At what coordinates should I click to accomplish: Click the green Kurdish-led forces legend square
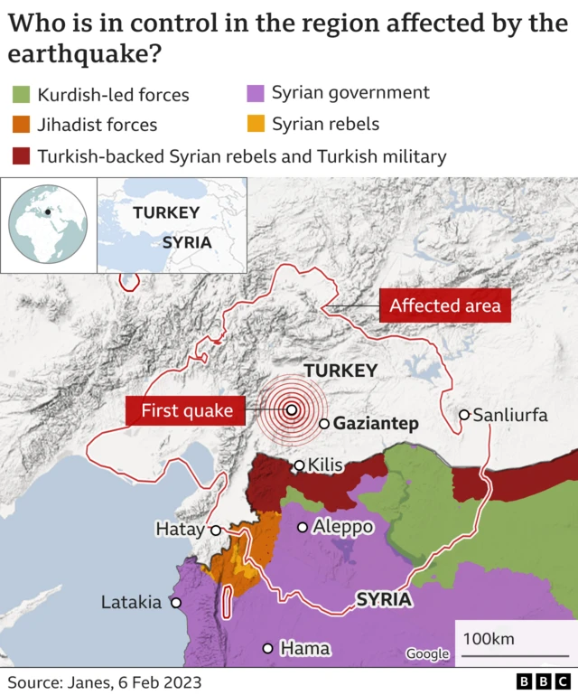pyautogui.click(x=22, y=95)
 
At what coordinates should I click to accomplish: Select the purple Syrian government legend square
pyautogui.click(x=256, y=93)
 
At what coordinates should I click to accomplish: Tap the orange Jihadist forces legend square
pyautogui.click(x=22, y=125)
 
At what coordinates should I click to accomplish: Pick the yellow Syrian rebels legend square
pyautogui.click(x=256, y=124)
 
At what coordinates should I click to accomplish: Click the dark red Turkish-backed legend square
pyautogui.click(x=22, y=156)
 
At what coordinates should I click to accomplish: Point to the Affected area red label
pyautogui.click(x=444, y=306)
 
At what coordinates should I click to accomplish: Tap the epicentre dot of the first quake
pyautogui.click(x=292, y=409)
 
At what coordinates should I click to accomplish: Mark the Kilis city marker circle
pyautogui.click(x=299, y=466)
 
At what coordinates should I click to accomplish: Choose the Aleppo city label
pyautogui.click(x=341, y=527)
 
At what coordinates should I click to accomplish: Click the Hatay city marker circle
pyautogui.click(x=216, y=531)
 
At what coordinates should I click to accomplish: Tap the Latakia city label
pyautogui.click(x=131, y=602)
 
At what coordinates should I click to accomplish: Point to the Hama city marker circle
pyautogui.click(x=267, y=648)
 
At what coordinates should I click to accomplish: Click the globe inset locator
pyautogui.click(x=47, y=225)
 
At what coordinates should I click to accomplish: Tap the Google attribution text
pyautogui.click(x=426, y=654)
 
